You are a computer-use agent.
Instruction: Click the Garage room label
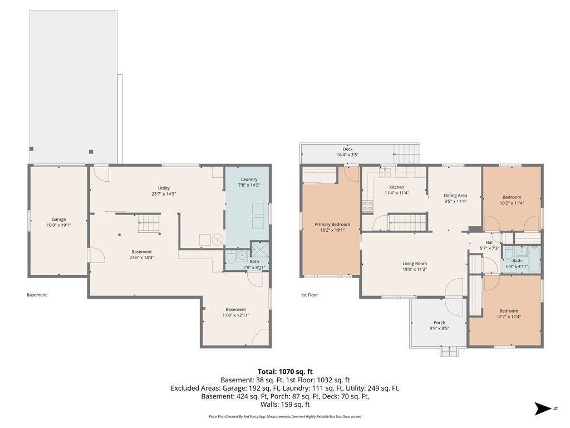(x=58, y=220)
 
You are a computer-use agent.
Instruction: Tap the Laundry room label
(x=249, y=179)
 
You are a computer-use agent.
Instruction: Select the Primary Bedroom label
(x=332, y=225)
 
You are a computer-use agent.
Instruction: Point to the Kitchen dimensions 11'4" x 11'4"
(x=396, y=193)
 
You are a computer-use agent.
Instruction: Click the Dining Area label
(x=455, y=196)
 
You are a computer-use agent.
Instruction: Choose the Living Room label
(x=414, y=264)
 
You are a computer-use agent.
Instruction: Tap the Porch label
(x=439, y=323)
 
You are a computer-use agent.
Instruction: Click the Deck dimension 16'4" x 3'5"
(x=347, y=155)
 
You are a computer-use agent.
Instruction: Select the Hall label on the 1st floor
(x=489, y=242)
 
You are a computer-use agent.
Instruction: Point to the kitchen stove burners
(x=367, y=206)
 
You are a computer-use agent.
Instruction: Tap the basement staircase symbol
(x=149, y=223)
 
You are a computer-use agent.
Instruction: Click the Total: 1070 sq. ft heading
(x=285, y=372)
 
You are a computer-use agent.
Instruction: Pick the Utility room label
(x=164, y=188)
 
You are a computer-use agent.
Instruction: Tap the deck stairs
(x=406, y=154)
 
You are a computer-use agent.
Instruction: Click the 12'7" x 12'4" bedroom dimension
(x=509, y=317)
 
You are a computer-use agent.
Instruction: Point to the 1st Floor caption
(x=309, y=295)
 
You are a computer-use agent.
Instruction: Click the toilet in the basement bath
(x=231, y=257)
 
